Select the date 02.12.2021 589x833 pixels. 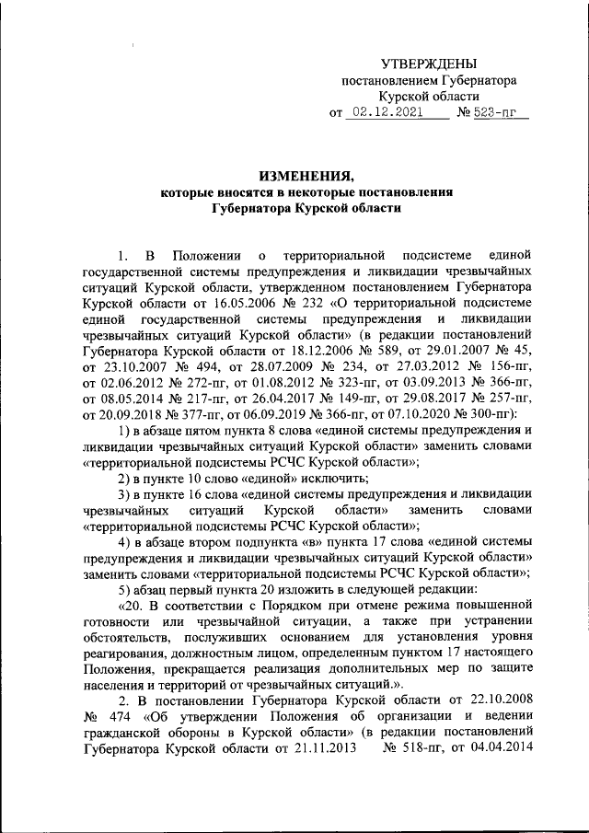(387, 115)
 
